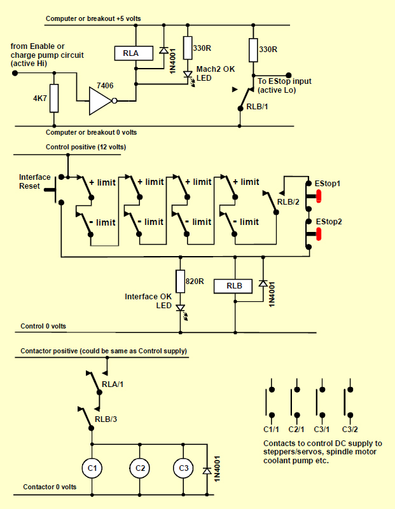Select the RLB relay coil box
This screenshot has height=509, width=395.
(235, 285)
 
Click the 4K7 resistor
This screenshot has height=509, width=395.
(53, 98)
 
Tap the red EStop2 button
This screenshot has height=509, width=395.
(318, 234)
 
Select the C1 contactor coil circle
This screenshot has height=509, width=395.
(92, 468)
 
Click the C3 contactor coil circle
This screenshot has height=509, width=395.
(183, 468)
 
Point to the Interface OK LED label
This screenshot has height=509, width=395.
(148, 301)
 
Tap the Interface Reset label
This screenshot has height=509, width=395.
(34, 182)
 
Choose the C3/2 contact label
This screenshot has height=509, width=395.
(350, 430)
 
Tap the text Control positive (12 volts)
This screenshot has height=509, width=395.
(86, 147)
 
